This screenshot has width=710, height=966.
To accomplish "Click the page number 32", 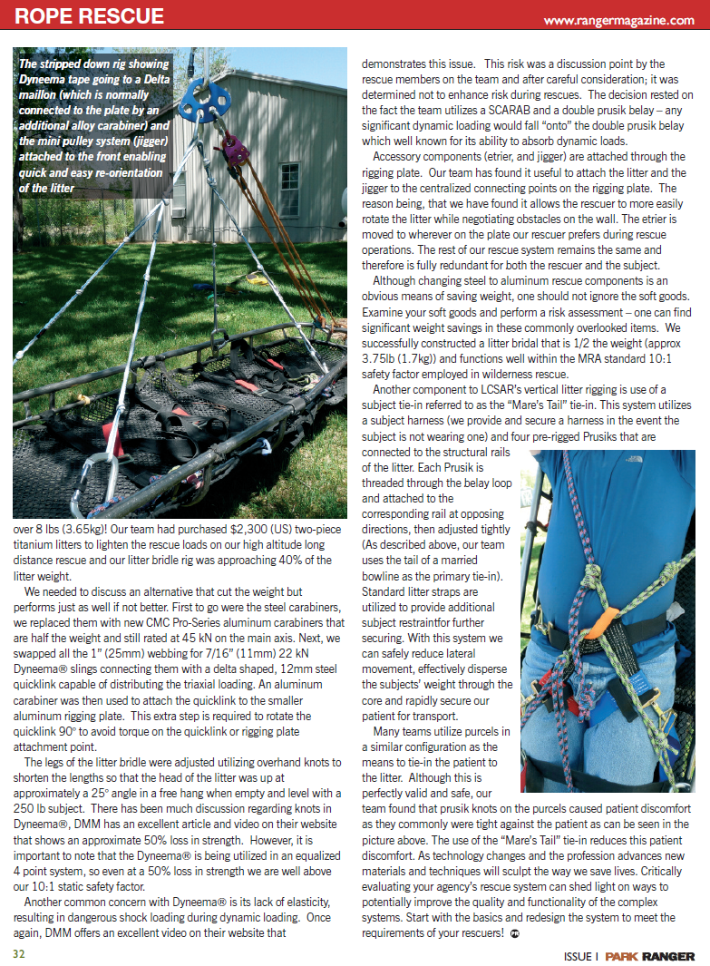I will click(x=18, y=953).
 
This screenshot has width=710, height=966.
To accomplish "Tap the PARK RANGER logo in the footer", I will click(x=650, y=956).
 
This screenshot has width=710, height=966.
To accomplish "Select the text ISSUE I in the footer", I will click(x=580, y=956).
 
